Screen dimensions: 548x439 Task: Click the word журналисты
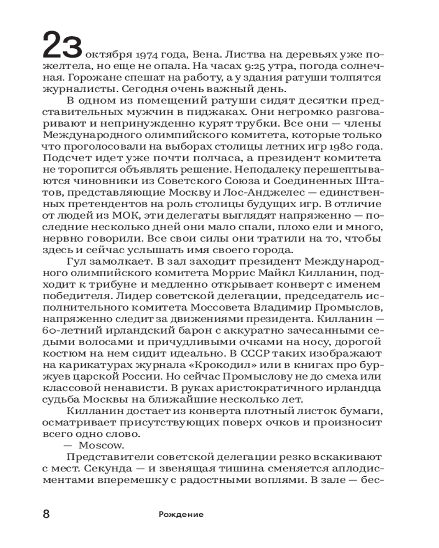pos(77,89)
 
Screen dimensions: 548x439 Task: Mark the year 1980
pos(334,147)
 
